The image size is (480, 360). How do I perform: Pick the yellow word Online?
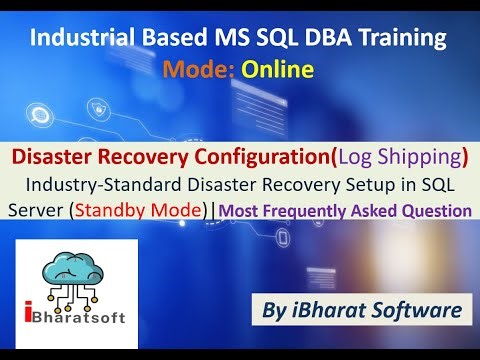click(x=282, y=69)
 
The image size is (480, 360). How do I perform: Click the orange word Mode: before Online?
click(x=204, y=69)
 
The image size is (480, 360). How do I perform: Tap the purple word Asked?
click(x=368, y=210)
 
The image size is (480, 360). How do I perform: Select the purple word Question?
click(x=432, y=210)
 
